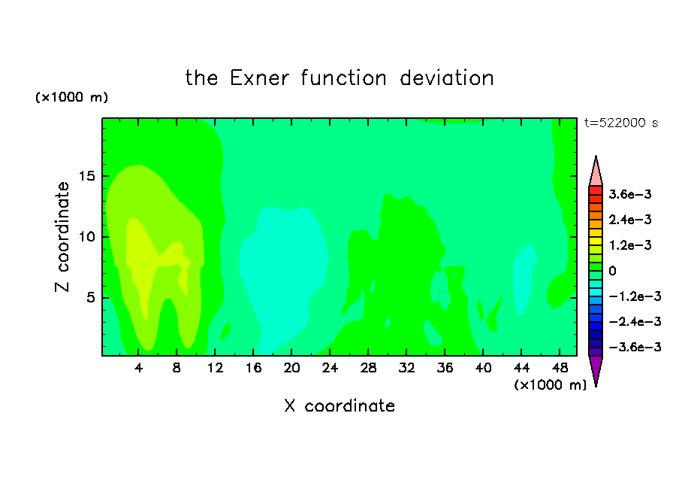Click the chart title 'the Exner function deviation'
click(339, 78)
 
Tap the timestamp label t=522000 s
click(621, 123)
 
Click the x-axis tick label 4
click(138, 368)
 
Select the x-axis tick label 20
click(291, 368)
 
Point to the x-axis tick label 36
click(445, 368)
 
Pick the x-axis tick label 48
click(560, 368)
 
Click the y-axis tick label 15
click(86, 176)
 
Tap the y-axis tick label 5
click(90, 298)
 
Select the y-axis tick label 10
click(86, 237)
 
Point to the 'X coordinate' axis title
click(339, 406)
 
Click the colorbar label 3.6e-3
click(630, 194)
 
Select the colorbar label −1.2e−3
click(635, 296)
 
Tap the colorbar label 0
click(612, 271)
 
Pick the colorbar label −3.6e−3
click(635, 347)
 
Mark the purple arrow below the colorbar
click(596, 369)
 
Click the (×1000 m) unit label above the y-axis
click(71, 97)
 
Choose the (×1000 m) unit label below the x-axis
click(550, 385)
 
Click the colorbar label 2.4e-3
click(630, 220)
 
